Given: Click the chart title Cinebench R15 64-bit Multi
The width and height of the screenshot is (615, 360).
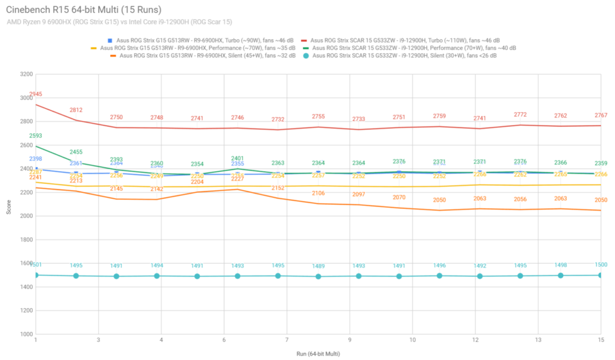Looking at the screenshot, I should (84, 10).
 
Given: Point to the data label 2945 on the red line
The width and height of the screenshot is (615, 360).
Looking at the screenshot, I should (36, 94).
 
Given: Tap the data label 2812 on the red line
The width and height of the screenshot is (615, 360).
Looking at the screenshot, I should (76, 110).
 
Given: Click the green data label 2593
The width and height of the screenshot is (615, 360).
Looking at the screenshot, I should (36, 136).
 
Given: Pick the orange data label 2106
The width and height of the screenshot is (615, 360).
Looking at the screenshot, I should (318, 193).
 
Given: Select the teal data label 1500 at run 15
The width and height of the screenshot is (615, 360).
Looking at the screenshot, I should (600, 265).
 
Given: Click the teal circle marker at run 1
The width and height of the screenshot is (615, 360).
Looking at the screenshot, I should (36, 275).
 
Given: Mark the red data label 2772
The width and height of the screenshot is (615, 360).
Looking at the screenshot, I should (520, 115).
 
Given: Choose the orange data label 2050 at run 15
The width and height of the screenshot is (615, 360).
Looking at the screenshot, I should (600, 200).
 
